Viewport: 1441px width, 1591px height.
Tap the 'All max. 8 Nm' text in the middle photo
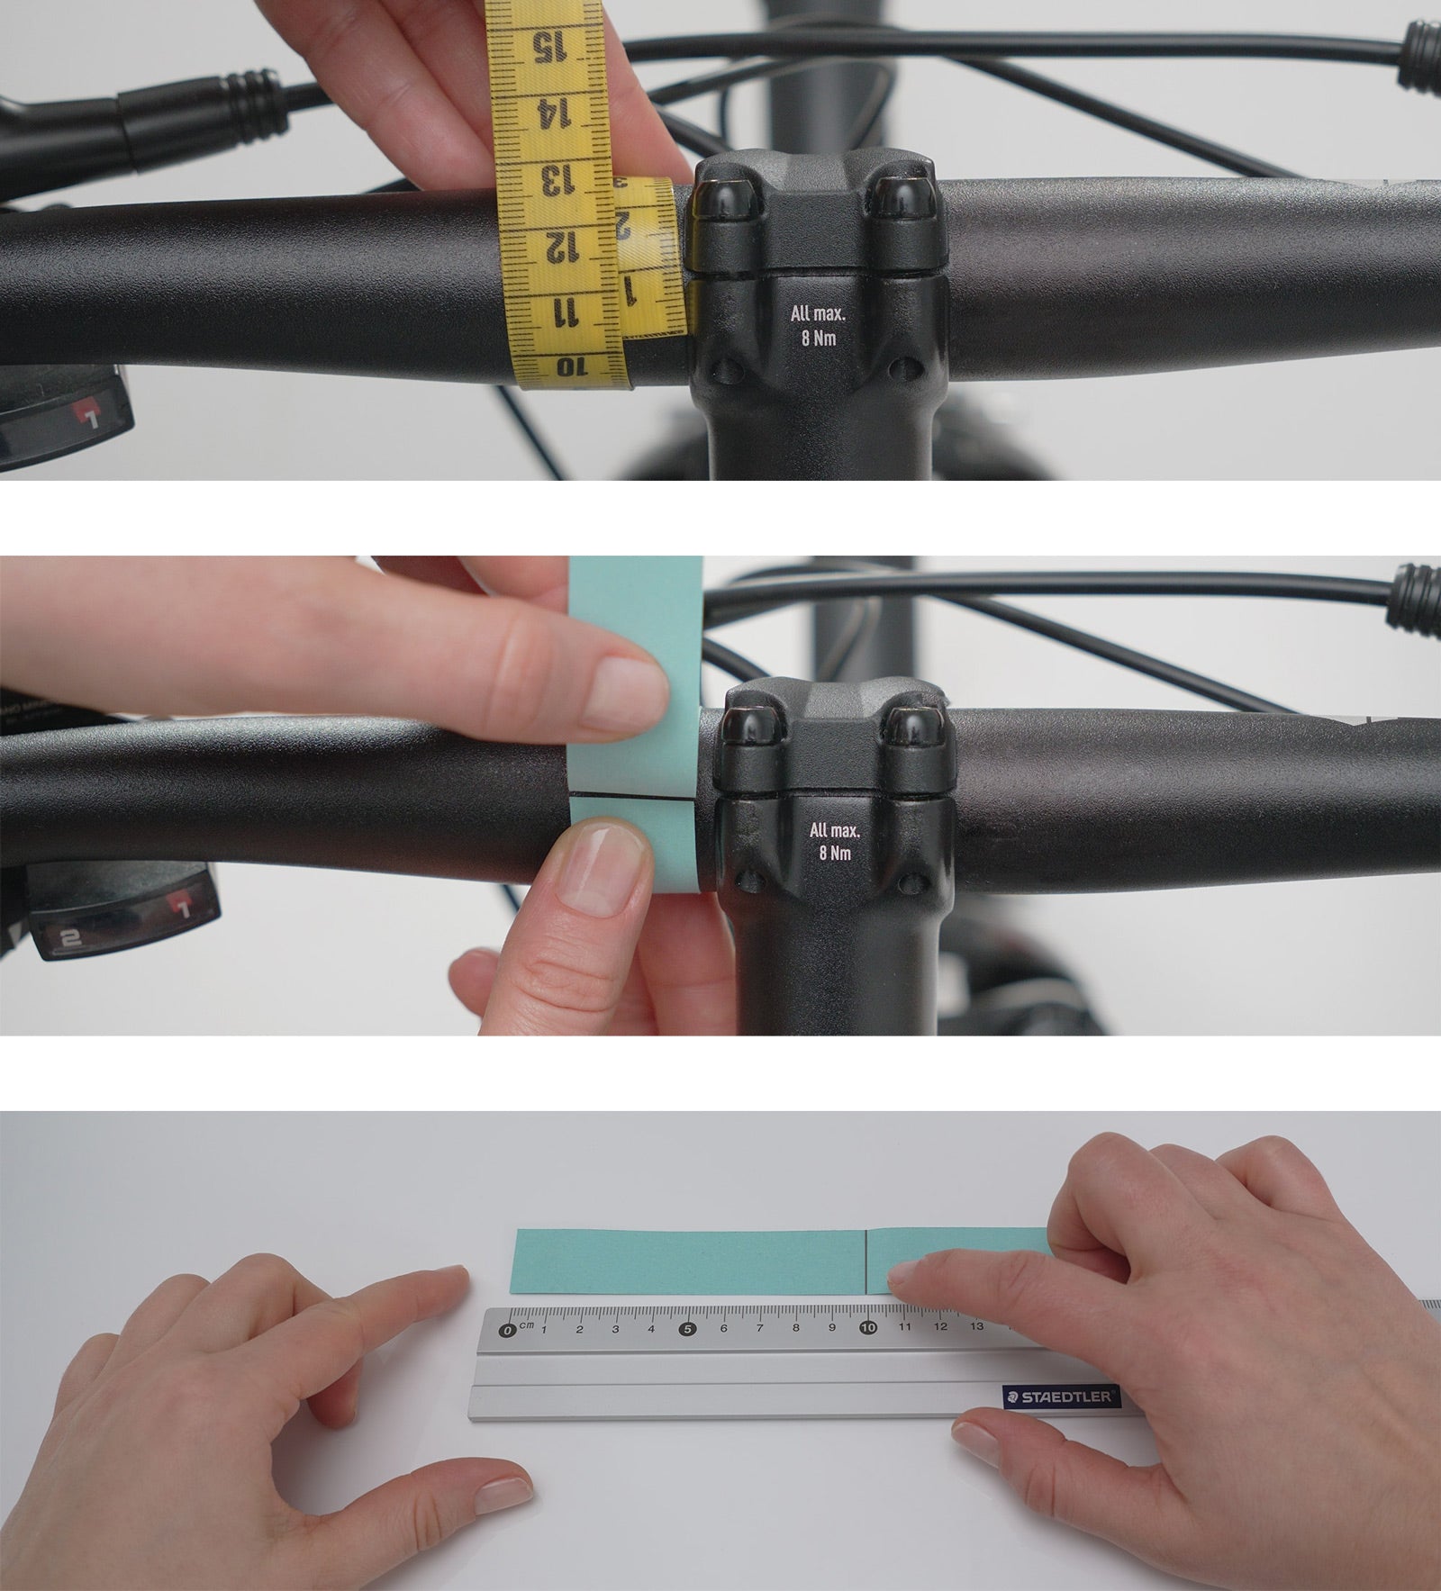pos(836,841)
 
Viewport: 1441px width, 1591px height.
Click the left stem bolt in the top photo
pos(726,198)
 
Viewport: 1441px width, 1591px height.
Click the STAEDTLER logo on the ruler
pos(1060,1398)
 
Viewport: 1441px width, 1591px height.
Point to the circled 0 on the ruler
pos(508,1330)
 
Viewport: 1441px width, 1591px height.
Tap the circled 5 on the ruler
pos(688,1328)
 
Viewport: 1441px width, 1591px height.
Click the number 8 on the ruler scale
pos(796,1328)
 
